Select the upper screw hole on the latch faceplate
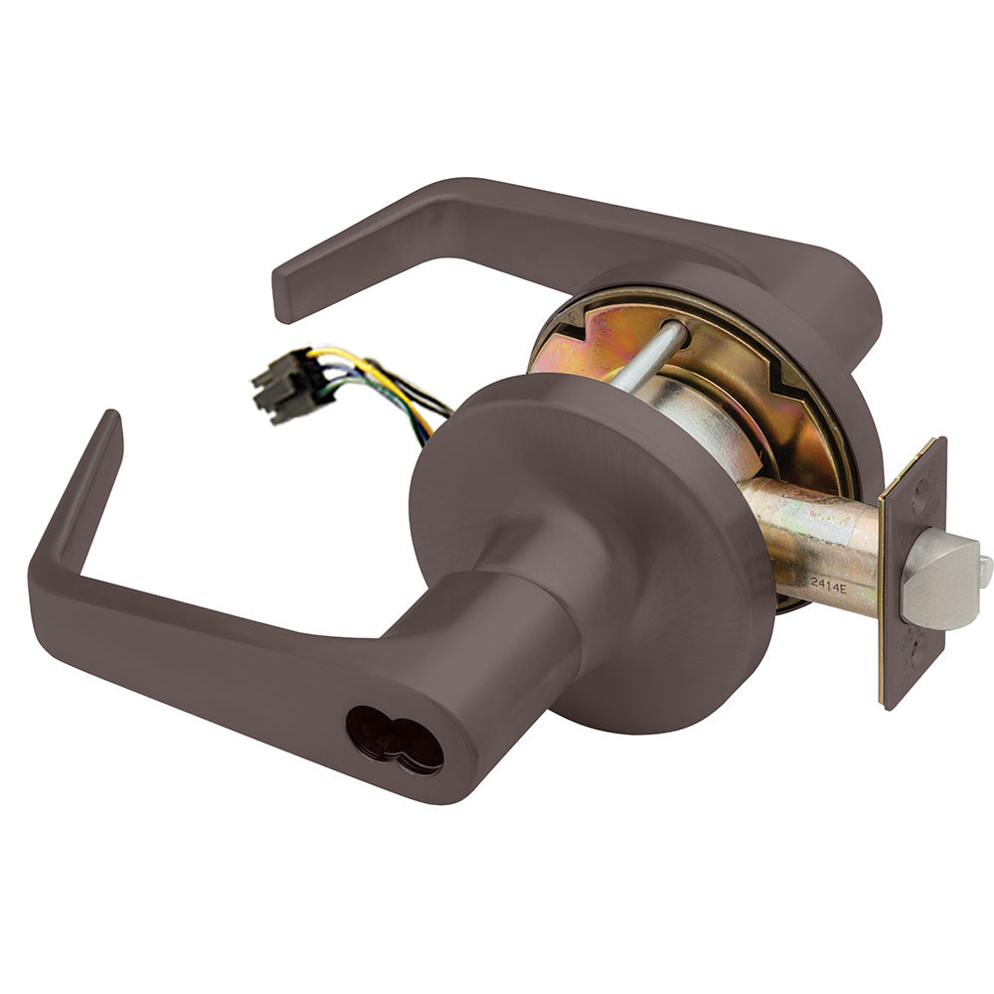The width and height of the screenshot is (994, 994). click(920, 488)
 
